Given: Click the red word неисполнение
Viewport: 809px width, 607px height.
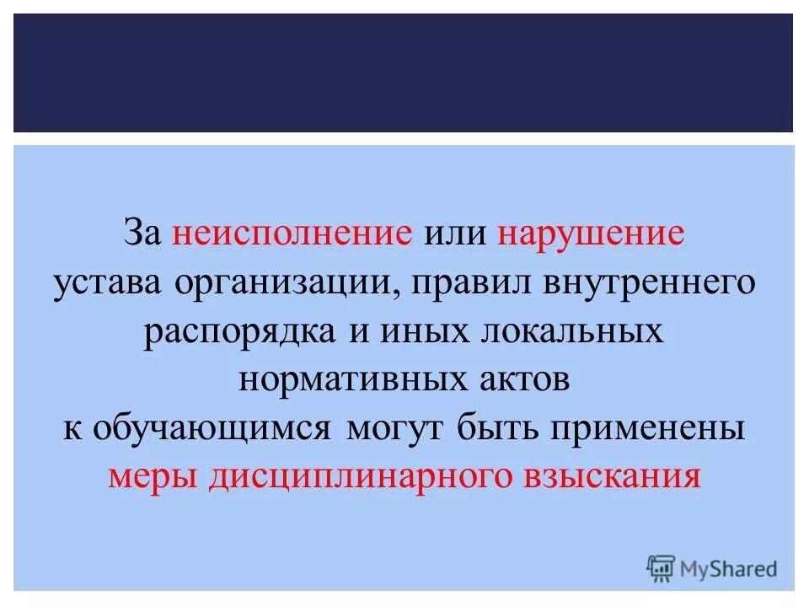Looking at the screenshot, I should coord(292,234).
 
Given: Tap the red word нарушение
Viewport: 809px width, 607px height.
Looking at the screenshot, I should coord(591,234).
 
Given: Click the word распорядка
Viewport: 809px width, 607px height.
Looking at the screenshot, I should coord(238,330).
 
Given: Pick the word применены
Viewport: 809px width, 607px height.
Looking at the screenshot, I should coord(647,428).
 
